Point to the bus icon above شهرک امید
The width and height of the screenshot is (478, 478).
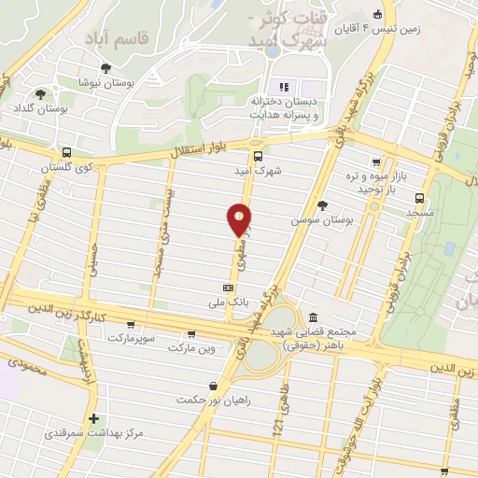pos(258,157)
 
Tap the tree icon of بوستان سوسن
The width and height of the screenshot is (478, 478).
pos(322,204)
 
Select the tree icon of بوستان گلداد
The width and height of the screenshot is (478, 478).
pos(40,93)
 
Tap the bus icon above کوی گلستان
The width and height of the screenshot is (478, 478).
pos(66,152)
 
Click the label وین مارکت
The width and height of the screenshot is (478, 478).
pos(192,347)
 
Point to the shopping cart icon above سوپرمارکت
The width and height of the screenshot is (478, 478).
pos(191,333)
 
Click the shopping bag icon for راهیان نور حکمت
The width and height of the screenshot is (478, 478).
pos(215,385)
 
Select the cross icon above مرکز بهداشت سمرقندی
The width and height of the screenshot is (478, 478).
pos(92,418)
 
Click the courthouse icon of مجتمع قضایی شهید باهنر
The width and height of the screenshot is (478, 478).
pos(311,317)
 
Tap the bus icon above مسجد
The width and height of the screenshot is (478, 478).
pos(419,198)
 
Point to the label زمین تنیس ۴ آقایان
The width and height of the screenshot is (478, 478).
pos(409,29)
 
